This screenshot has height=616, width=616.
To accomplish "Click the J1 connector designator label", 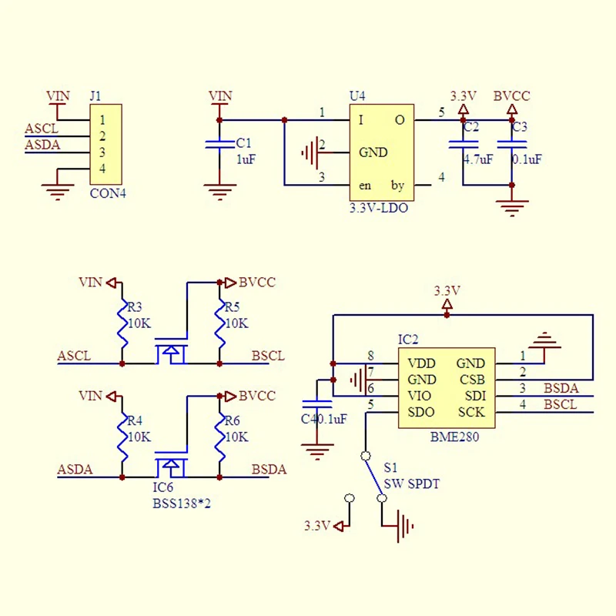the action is (95, 95).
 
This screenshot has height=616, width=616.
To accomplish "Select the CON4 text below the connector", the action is (108, 193).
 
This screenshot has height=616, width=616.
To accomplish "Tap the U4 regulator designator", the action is (357, 95).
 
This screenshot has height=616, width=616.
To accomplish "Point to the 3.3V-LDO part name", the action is (379, 208).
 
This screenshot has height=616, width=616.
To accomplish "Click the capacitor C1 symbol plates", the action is (219, 145).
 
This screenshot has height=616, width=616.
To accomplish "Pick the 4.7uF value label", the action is (478, 159).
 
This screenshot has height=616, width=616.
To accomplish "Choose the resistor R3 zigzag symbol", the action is (122, 324).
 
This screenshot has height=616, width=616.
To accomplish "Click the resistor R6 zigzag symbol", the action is (219, 437).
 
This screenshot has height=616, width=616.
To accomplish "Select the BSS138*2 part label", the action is (182, 504).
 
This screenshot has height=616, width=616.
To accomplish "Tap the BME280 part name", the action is (454, 437).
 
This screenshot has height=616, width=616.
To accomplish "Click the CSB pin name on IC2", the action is (472, 380).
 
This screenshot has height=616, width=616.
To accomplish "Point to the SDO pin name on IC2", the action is (420, 412).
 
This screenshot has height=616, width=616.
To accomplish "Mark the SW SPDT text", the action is (411, 484).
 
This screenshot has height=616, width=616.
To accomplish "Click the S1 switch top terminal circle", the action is (365, 456).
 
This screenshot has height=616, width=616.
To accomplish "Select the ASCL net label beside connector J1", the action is (42, 129).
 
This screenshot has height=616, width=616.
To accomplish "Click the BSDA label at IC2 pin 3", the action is (561, 388).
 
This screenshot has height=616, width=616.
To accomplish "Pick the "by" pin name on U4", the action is (397, 186).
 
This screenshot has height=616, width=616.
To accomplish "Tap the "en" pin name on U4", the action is (365, 186).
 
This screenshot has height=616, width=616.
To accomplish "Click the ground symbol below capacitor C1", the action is (219, 192).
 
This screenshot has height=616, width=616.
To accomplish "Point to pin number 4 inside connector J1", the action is (102, 169).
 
